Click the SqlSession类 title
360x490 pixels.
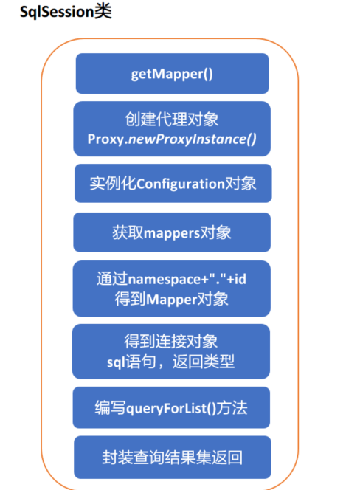(x=66, y=12)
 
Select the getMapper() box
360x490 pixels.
(x=172, y=74)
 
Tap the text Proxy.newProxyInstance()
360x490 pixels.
(x=172, y=139)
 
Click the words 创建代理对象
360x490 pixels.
(x=172, y=119)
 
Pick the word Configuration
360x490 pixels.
(x=181, y=184)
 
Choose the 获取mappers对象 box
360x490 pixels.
(x=172, y=232)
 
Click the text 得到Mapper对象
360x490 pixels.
(x=172, y=299)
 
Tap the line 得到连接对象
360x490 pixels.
(x=171, y=341)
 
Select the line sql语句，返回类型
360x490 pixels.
(x=170, y=362)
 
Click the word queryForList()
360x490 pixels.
(x=171, y=408)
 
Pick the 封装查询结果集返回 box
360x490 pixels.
(x=173, y=458)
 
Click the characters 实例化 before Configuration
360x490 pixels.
(x=113, y=184)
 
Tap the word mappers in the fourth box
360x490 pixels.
(x=172, y=233)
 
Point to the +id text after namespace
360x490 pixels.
(x=237, y=279)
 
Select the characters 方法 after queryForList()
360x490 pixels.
(x=232, y=408)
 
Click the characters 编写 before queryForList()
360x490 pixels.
(x=111, y=408)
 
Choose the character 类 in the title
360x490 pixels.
(x=103, y=12)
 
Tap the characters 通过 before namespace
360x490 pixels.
(x=112, y=279)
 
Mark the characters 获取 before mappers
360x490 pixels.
(x=128, y=232)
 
